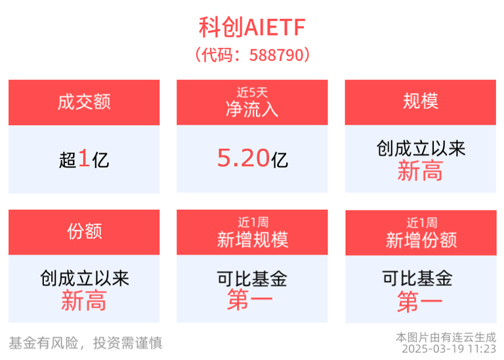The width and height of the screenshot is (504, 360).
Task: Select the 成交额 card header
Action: click(84, 102)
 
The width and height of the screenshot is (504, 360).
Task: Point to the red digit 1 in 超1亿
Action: click(84, 159)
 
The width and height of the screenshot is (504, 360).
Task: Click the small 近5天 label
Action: click(252, 92)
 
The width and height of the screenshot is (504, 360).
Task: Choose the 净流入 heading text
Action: click(252, 108)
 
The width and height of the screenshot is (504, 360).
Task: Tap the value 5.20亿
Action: click(252, 158)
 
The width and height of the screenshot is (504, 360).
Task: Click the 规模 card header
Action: click(421, 102)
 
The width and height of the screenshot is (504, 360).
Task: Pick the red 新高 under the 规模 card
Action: click(421, 172)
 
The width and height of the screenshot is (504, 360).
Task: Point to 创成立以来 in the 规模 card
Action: click(421, 149)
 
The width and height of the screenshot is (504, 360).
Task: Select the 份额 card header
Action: click(84, 231)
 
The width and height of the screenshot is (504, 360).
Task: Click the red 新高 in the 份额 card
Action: click(84, 301)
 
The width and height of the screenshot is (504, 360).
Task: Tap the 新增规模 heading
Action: click(252, 239)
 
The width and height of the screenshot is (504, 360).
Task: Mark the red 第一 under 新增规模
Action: click(252, 302)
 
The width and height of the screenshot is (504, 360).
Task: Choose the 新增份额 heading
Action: click(421, 240)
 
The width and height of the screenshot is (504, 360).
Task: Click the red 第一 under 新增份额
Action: click(421, 302)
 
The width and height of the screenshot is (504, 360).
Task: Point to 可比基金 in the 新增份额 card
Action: click(421, 279)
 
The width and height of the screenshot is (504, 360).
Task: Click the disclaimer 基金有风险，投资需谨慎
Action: click(85, 342)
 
